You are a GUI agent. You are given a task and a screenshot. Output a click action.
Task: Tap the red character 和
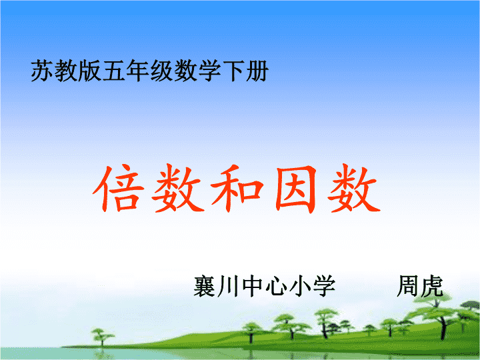tap(237, 189)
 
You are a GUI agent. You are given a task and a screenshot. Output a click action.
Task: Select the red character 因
tap(296, 189)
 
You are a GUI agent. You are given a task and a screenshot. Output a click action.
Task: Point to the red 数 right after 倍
tap(178, 188)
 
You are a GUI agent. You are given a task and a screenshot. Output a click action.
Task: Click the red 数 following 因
tap(354, 188)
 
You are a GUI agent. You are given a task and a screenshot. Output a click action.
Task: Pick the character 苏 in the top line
tap(42, 71)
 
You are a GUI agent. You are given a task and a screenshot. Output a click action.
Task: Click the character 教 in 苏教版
tap(66, 71)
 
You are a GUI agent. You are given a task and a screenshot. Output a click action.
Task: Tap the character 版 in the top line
tap(90, 71)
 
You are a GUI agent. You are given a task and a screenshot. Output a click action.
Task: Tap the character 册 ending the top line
tap(257, 71)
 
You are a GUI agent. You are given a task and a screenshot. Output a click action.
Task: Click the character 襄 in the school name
tap(205, 286)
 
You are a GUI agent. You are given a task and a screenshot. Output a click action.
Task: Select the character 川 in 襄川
tap(229, 286)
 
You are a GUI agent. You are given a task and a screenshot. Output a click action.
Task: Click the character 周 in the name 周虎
tap(408, 286)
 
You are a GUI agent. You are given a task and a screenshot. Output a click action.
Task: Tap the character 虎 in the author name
tap(431, 286)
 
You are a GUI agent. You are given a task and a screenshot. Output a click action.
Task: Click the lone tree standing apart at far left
tap(102, 337)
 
